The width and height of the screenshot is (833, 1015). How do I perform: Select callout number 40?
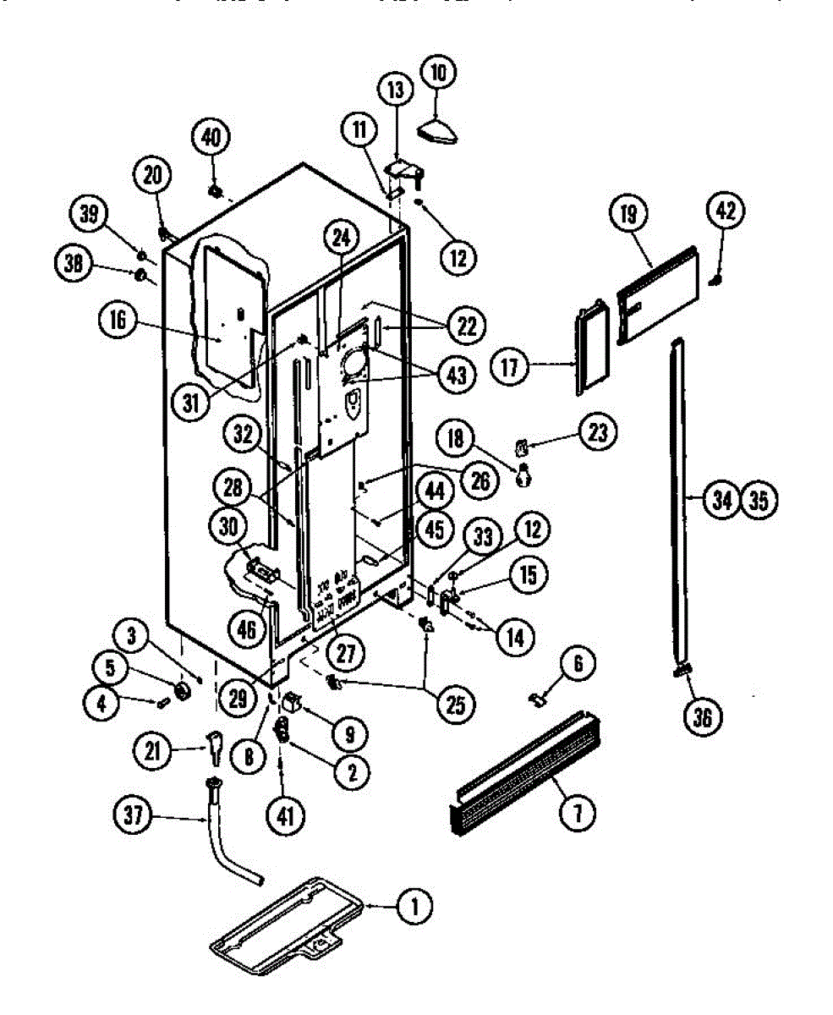[x=211, y=137]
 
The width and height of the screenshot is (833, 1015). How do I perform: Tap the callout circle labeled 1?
[x=414, y=908]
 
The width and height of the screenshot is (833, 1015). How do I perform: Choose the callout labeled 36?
[x=702, y=717]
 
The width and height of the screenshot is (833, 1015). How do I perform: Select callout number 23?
[x=598, y=432]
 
